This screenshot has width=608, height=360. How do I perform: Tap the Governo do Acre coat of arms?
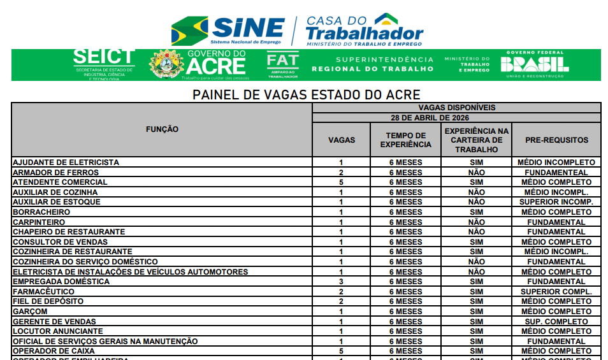[x=166, y=65]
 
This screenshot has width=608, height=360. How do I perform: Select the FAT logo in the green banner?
[x=282, y=64]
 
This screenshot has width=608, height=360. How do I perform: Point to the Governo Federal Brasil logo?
[x=535, y=64]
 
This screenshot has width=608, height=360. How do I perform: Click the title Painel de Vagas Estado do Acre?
[x=307, y=95]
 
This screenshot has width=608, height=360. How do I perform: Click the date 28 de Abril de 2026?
[x=456, y=118]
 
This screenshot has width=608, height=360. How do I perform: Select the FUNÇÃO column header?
[x=162, y=129]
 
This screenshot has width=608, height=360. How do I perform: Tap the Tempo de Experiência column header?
[x=405, y=140]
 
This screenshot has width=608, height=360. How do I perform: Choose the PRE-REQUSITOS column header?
[x=556, y=140]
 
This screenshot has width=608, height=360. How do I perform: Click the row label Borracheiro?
[x=41, y=212]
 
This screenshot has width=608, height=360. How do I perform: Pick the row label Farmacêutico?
[x=43, y=292]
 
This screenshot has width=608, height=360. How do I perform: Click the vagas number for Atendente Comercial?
[x=342, y=182]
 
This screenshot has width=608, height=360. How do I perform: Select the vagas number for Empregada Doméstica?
[x=342, y=282]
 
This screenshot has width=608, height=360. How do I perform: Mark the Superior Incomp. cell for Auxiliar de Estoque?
[x=556, y=202]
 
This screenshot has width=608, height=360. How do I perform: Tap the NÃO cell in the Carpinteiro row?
[x=476, y=222]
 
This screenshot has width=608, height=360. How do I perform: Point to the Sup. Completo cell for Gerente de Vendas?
[x=556, y=322]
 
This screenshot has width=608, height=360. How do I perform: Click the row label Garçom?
[x=30, y=312]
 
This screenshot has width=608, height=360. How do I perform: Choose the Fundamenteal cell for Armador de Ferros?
[x=556, y=173]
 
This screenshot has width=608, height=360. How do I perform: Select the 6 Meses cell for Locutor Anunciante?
[x=405, y=331]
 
